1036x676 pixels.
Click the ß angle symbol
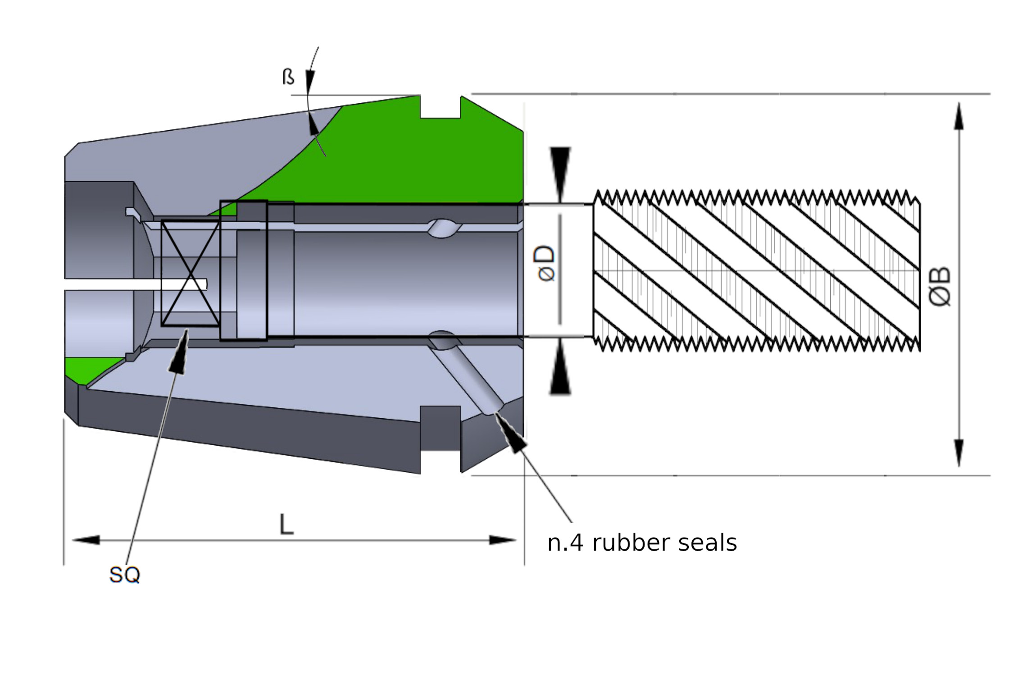[x=288, y=77]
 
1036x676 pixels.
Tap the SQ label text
[x=124, y=575]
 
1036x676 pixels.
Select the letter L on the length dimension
[x=286, y=525]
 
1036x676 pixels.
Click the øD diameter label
[x=545, y=263]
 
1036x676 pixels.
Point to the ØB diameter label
[x=940, y=287]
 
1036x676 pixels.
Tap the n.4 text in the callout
[x=566, y=543]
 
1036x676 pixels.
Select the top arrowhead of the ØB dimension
[x=959, y=116]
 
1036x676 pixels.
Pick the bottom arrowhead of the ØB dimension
[x=959, y=453]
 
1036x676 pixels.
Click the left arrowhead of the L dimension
[x=86, y=540]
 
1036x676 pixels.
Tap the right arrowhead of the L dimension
[x=503, y=540]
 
